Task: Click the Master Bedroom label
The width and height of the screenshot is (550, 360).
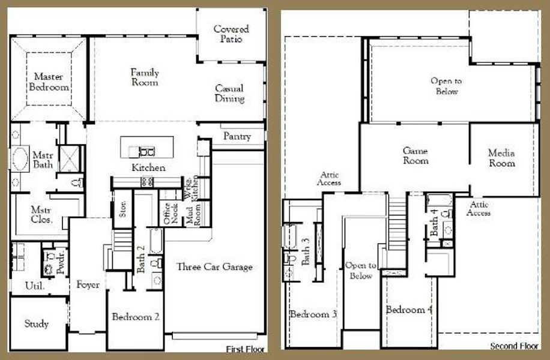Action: coord(51,82)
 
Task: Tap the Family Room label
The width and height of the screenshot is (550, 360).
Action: coord(145,77)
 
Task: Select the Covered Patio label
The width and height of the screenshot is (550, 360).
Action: coord(231,34)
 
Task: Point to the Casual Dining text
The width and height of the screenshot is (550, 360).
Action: coord(230,94)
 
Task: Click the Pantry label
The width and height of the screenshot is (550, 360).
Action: coord(237,137)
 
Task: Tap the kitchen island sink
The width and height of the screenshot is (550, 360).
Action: coord(147,151)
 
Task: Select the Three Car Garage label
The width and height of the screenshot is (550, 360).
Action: coord(214,267)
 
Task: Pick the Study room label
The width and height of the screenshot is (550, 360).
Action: coord(37,324)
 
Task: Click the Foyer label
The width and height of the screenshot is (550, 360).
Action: coord(88,285)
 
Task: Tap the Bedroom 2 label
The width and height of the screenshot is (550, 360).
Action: coord(136,317)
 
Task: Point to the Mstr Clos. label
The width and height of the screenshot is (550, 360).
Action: coord(43,215)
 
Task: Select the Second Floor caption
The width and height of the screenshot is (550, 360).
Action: coord(514,346)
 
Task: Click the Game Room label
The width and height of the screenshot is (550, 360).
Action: coord(416,156)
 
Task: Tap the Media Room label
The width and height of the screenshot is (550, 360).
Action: coord(501,158)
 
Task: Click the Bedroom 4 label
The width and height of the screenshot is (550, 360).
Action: coord(408,310)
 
